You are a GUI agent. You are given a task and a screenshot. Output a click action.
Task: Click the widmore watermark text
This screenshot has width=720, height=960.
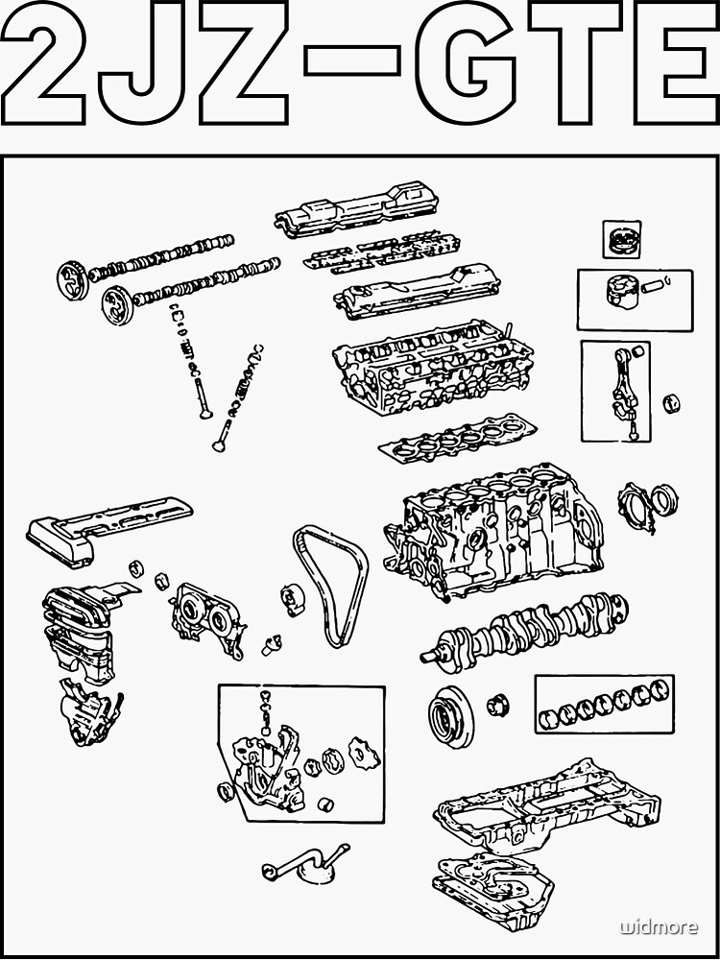click(x=659, y=927)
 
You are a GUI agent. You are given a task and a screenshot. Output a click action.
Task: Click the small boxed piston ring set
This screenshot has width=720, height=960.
click(x=621, y=239)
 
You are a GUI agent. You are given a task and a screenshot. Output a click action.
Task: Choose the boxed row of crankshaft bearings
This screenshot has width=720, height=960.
click(x=604, y=704)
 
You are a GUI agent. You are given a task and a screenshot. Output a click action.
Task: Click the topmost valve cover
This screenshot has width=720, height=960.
click(x=356, y=211)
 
